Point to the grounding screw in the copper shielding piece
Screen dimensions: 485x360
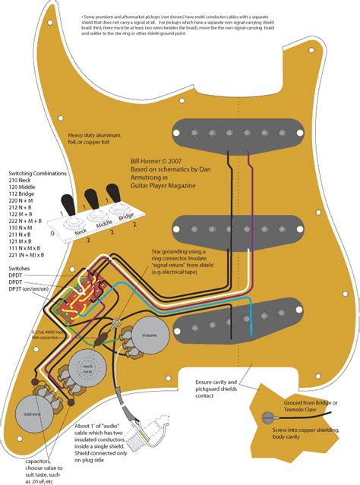pyautogui.click(x=268, y=414)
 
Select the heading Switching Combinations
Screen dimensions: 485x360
pyautogui.click(x=37, y=172)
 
